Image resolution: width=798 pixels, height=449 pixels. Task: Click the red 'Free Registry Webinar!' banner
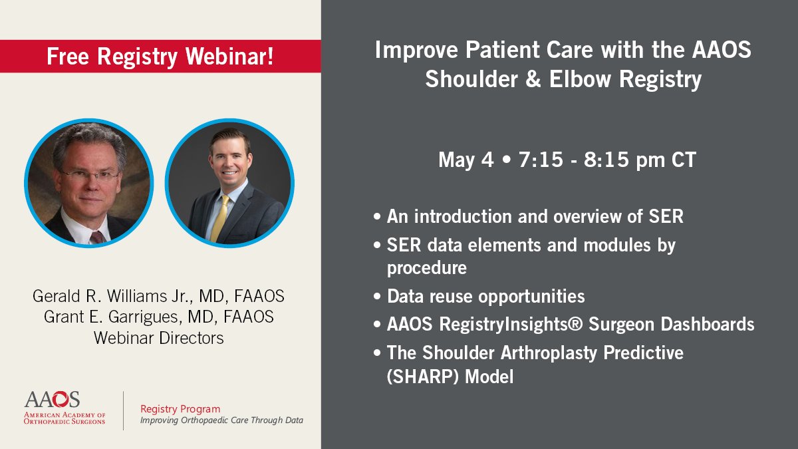(x=160, y=57)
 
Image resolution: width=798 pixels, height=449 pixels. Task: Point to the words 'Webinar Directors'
(x=158, y=337)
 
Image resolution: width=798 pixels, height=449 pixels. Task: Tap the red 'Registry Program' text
(x=180, y=409)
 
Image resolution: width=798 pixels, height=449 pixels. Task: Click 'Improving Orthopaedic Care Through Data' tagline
(x=221, y=421)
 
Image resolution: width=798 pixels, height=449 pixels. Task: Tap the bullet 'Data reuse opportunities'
(x=485, y=296)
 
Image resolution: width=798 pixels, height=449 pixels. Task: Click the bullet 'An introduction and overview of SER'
(x=535, y=218)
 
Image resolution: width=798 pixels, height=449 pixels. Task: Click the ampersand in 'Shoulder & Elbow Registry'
(x=531, y=80)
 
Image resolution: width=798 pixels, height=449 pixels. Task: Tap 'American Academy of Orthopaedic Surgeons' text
(x=65, y=417)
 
